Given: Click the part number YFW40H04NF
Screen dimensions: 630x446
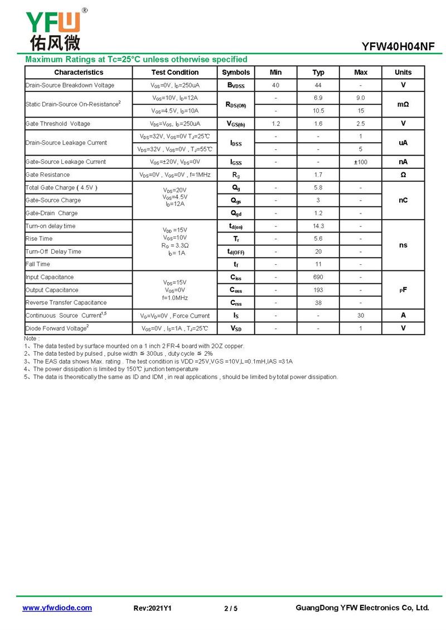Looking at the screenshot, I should (397, 47).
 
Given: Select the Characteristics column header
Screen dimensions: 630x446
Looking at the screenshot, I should (79, 72).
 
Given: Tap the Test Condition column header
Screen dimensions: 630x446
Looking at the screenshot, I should (174, 72).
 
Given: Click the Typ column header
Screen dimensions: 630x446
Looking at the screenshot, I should (318, 72).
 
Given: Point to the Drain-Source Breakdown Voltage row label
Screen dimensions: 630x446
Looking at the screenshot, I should (70, 85).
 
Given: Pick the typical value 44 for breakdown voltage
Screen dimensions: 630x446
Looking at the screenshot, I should (318, 85).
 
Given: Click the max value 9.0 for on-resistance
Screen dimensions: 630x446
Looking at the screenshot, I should (361, 98).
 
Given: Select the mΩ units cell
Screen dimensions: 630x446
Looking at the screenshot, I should (403, 104).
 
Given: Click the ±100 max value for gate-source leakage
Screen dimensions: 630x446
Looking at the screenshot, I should (361, 162).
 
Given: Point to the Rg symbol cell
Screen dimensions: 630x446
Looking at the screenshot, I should (236, 175).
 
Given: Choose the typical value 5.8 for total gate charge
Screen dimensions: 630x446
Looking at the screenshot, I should (318, 188).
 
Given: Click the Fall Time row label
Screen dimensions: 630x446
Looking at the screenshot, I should (37, 264).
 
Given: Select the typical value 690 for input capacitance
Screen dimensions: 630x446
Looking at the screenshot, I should (318, 277).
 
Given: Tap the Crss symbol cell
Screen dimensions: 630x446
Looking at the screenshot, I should (236, 303).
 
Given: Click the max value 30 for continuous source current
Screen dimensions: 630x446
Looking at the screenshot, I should (361, 316).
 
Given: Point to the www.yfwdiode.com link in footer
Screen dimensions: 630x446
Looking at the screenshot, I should (57, 608).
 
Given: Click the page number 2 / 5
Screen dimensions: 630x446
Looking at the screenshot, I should (231, 608).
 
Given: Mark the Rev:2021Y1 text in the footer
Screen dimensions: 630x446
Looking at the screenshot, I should (152, 608).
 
